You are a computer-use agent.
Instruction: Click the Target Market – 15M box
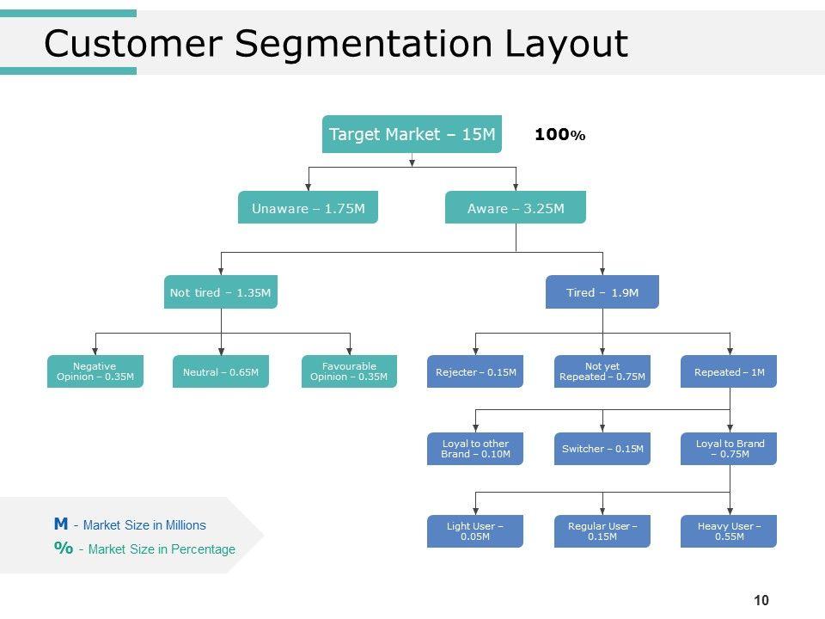[412, 134]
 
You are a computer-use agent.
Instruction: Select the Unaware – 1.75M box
[308, 207]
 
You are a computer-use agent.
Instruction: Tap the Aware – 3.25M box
[516, 207]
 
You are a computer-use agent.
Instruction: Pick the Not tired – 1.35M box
[221, 292]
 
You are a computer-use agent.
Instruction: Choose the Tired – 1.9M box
[602, 292]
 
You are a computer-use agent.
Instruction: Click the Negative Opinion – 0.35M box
[95, 371]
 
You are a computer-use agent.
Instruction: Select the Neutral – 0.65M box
[221, 371]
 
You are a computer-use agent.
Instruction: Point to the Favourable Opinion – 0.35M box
[350, 371]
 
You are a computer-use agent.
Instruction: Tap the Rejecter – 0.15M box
[475, 371]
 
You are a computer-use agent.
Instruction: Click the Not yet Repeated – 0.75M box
[602, 371]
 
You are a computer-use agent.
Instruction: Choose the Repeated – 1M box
[729, 371]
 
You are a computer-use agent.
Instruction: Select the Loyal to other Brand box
[475, 449]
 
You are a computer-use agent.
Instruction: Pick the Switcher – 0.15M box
[602, 449]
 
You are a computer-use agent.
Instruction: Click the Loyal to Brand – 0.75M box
[729, 449]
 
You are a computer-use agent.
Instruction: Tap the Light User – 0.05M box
[475, 531]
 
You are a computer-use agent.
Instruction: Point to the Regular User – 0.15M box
[602, 531]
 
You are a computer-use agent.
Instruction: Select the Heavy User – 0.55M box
[729, 531]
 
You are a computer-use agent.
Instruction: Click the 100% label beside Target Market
[559, 135]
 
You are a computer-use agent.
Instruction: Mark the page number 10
[761, 600]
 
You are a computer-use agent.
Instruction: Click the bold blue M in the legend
[61, 524]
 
